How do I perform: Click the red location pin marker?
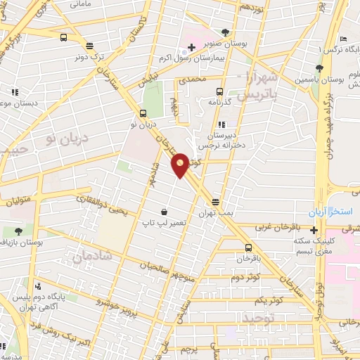pos(181,164)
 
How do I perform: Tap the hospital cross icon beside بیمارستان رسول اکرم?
pos(191,46)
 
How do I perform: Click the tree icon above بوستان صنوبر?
pos(225,32)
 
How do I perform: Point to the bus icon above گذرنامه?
pos(219,91)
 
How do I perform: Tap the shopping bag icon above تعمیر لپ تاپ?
pos(165,212)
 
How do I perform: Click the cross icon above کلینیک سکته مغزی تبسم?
pos(314,230)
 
